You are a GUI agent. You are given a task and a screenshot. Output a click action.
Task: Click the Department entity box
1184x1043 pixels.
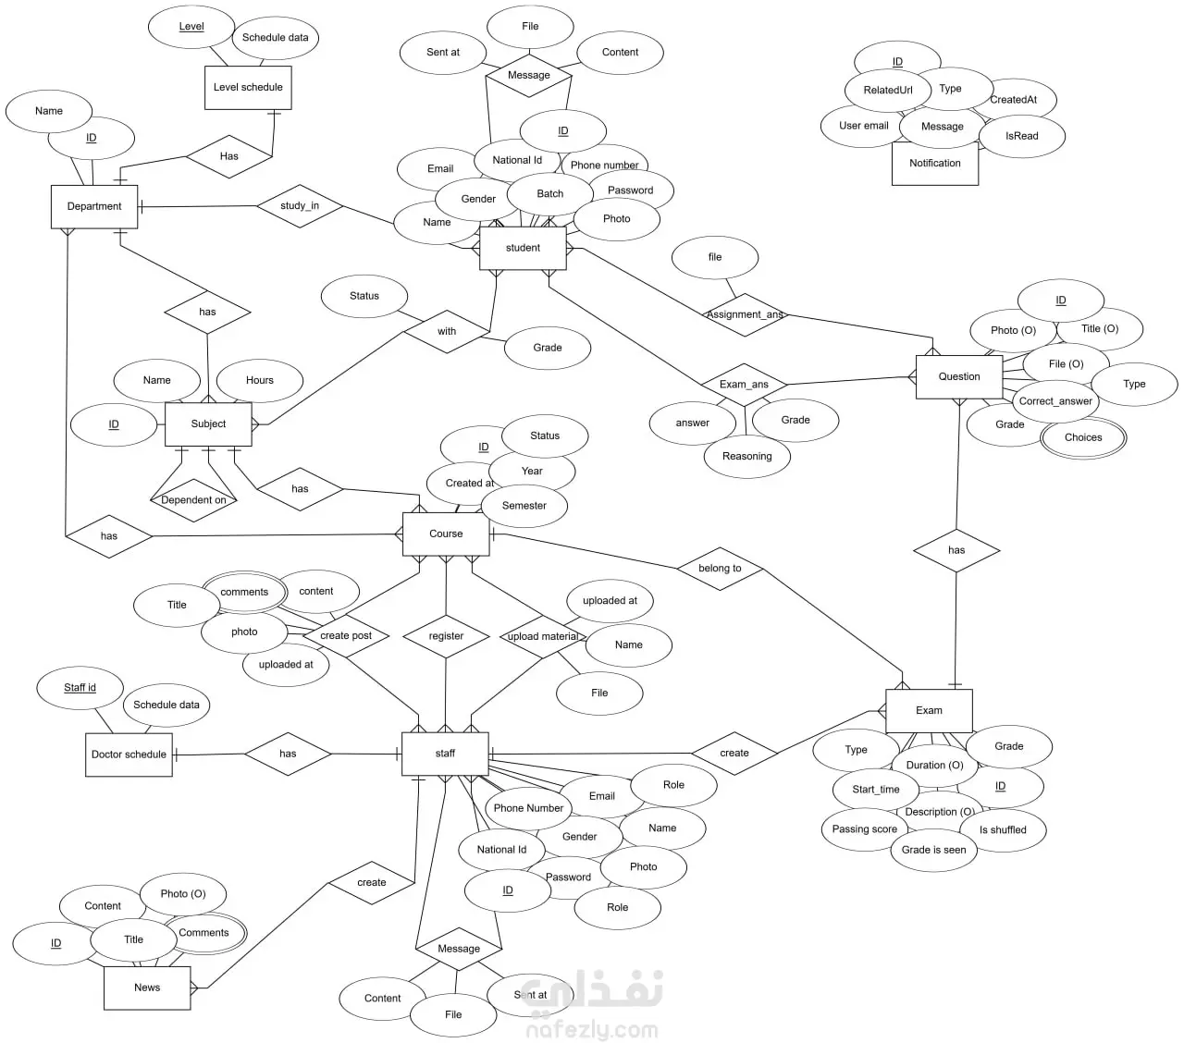click(94, 206)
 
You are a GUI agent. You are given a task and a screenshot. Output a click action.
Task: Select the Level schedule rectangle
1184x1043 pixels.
click(248, 87)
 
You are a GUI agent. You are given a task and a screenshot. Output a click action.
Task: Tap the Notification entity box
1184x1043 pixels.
click(934, 164)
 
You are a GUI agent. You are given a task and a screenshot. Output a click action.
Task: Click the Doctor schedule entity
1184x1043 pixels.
click(129, 755)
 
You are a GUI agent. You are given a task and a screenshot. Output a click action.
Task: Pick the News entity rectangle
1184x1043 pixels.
click(147, 988)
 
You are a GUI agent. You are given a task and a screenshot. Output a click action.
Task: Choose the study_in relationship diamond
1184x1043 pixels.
click(300, 205)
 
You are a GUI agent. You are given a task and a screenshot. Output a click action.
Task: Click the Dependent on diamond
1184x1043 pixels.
click(193, 500)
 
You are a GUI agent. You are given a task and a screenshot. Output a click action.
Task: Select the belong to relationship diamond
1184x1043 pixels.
click(720, 569)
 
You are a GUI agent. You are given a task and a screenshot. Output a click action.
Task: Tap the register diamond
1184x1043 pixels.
click(446, 636)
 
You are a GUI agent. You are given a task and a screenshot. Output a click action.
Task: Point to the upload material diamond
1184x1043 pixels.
click(543, 637)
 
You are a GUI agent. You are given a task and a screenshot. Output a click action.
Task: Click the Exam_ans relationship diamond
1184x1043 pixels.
click(744, 385)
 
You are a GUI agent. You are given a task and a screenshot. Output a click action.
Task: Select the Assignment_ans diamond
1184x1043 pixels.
click(745, 315)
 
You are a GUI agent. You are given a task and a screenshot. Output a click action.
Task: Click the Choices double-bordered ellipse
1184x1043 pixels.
click(1083, 437)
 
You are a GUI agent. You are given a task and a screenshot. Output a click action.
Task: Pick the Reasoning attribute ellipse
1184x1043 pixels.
click(746, 457)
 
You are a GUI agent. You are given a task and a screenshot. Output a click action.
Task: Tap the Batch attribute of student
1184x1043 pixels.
click(550, 194)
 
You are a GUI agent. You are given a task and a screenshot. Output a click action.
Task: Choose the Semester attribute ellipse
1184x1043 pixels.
click(524, 506)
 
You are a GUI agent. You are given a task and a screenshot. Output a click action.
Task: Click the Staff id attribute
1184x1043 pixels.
click(80, 688)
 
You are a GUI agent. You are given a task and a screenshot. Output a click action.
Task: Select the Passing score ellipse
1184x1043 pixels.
click(864, 829)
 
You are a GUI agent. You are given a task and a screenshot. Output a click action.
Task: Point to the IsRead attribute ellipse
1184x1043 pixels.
click(1021, 136)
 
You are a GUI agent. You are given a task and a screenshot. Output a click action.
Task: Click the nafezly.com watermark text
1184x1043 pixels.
click(591, 1030)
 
